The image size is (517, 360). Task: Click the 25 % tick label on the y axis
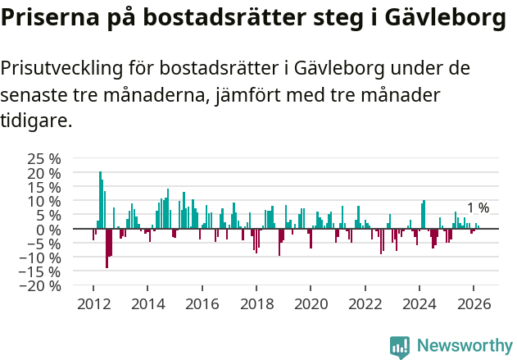(44, 158)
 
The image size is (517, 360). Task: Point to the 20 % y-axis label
(44, 173)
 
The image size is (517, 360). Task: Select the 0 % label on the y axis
(48, 229)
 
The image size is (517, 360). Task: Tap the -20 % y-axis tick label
(42, 285)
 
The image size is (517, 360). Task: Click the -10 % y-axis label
(42, 257)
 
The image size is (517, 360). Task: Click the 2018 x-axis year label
(256, 303)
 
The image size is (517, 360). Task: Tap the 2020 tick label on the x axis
(311, 303)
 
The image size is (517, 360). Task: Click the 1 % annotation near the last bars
(478, 208)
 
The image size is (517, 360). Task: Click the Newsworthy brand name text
(465, 346)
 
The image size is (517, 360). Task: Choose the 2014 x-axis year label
(147, 303)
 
